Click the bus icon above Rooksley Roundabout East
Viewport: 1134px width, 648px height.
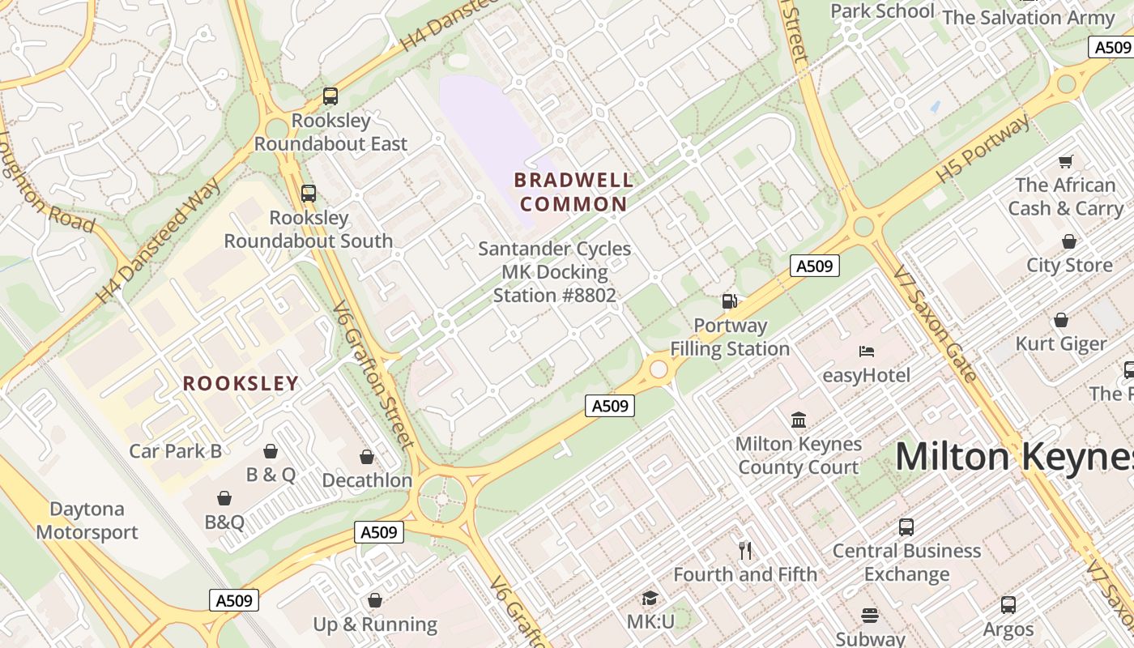tap(330, 96)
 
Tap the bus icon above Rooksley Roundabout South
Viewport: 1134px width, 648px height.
tap(308, 194)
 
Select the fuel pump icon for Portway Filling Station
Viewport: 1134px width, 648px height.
tap(729, 301)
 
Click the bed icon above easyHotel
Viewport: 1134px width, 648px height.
tap(866, 352)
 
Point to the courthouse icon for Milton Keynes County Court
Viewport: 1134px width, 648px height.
tap(799, 420)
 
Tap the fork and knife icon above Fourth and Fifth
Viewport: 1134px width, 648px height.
tap(745, 551)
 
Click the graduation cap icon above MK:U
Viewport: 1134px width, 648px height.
tap(650, 598)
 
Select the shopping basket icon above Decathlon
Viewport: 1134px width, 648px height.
tap(367, 457)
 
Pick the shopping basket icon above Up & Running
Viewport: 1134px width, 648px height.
tap(374, 600)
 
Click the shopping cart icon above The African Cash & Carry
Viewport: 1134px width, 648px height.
tap(1065, 161)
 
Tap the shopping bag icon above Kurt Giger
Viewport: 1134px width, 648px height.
tap(1060, 320)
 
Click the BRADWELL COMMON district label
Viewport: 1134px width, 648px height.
tap(573, 192)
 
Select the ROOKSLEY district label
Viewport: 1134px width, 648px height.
tap(241, 383)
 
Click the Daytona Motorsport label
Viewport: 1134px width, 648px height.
tap(87, 521)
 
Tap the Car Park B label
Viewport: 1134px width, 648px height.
tap(175, 451)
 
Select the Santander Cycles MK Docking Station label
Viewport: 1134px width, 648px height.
tap(555, 272)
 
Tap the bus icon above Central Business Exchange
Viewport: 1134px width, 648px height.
tap(906, 527)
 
